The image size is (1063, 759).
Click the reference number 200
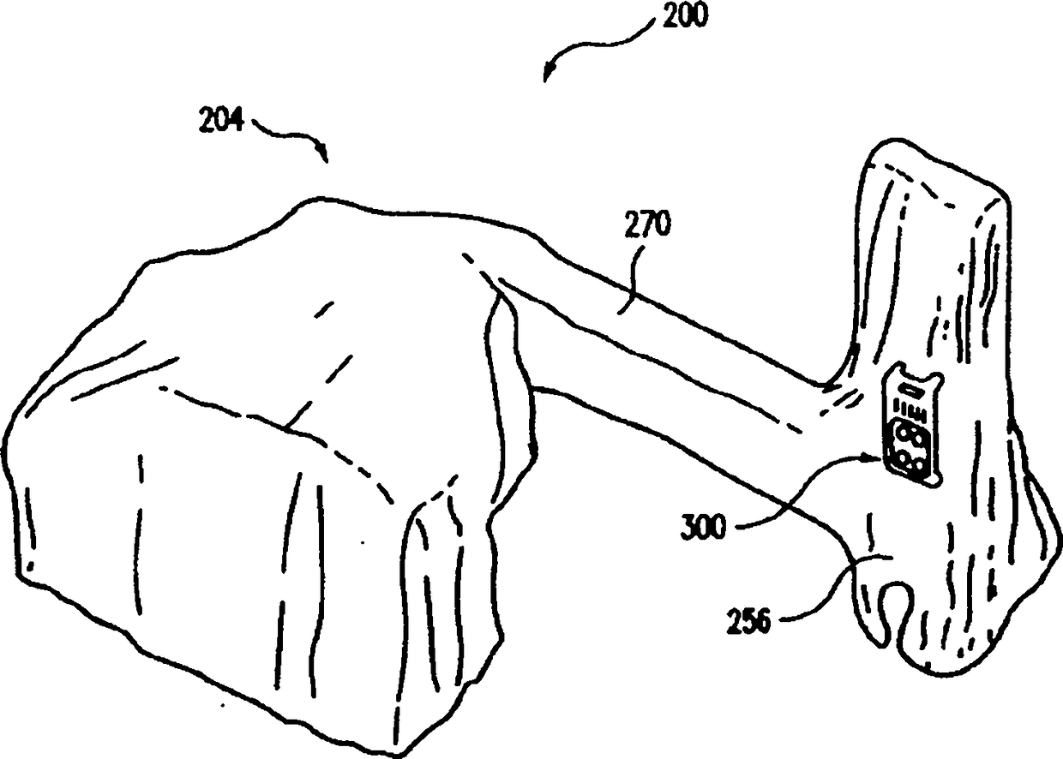[x=683, y=16]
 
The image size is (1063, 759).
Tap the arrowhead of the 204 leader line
[x=324, y=157]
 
